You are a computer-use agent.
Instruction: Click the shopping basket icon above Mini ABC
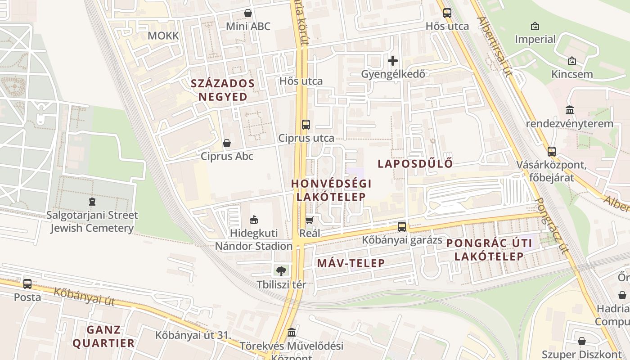point(247,13)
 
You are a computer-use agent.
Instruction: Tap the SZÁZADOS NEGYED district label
point(223,90)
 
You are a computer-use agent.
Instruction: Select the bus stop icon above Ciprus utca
point(306,125)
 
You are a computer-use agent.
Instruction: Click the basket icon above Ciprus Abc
point(227,143)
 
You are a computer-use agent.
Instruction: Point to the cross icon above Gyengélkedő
point(393,60)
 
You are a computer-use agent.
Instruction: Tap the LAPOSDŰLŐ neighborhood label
point(415,164)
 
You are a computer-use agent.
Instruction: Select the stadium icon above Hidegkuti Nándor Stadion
point(254,220)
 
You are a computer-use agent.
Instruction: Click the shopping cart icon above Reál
point(309,220)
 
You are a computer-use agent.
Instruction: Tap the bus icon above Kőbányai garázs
point(402,227)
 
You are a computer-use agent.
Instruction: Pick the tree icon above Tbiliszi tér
point(281,271)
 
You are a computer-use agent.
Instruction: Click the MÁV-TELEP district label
point(351,263)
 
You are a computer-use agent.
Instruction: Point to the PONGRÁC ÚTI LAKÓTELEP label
point(489,250)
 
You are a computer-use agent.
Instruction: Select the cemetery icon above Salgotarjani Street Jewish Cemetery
point(92,202)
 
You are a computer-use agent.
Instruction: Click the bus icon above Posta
point(27,284)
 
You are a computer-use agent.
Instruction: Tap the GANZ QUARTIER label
point(104,336)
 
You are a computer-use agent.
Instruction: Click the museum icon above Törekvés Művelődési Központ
point(292,332)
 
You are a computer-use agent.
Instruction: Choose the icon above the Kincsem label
point(572,61)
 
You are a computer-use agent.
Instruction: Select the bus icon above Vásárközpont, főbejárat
point(552,152)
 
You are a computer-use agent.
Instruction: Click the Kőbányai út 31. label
point(193,335)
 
